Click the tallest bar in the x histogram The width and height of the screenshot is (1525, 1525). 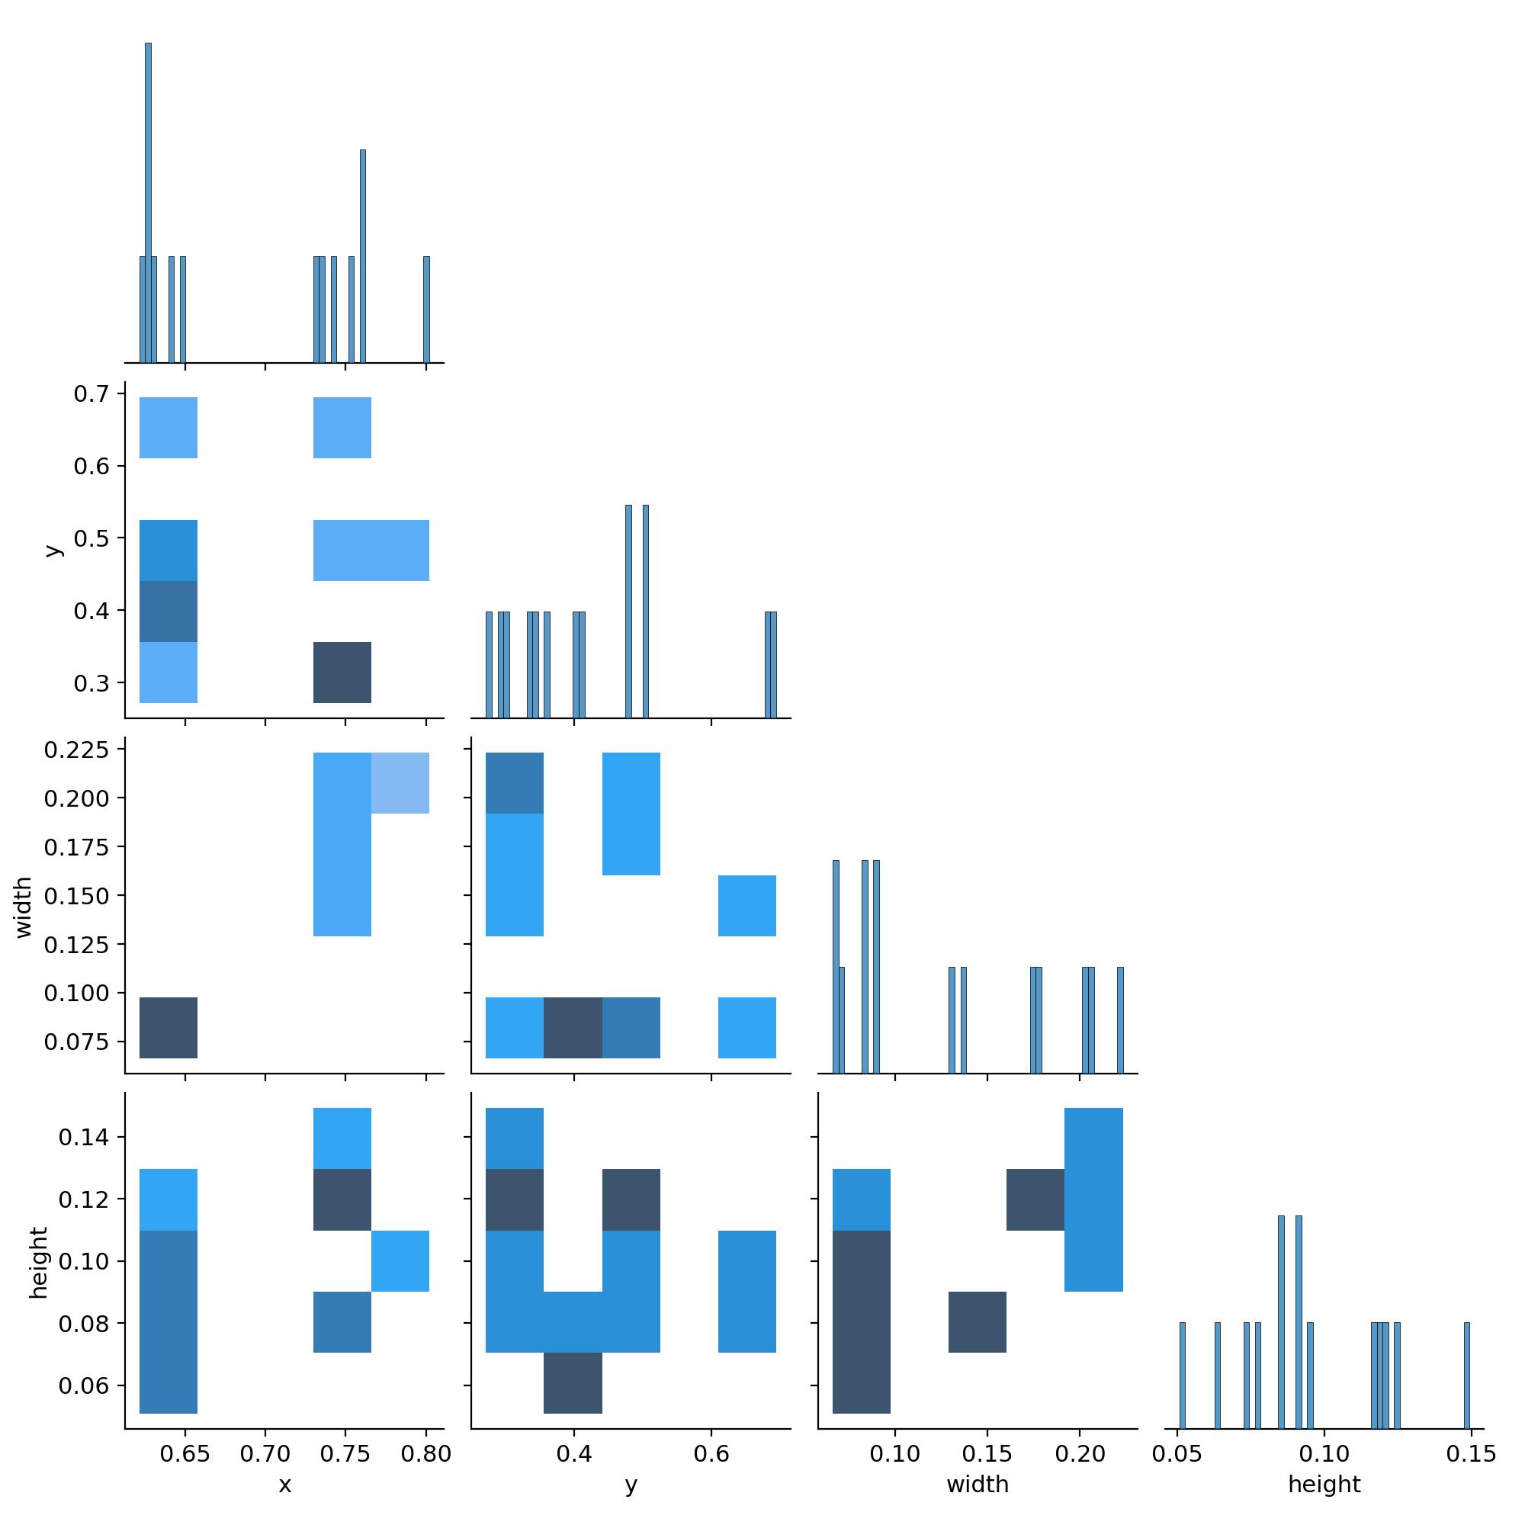[x=148, y=202]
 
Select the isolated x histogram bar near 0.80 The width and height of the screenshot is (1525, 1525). [x=426, y=310]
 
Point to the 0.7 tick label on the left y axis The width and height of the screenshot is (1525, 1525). [x=91, y=394]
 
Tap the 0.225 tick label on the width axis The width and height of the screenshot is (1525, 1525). [x=76, y=749]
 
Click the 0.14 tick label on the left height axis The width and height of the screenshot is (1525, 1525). [x=82, y=1137]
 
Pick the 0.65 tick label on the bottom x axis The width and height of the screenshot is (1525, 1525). [x=185, y=1454]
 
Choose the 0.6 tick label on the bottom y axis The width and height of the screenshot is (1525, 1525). [x=711, y=1454]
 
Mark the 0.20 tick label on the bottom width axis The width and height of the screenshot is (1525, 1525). [x=1080, y=1454]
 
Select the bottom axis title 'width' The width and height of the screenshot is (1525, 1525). [x=978, y=1485]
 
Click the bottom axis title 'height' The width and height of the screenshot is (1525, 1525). [x=1324, y=1485]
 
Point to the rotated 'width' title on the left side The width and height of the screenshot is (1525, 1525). [x=24, y=907]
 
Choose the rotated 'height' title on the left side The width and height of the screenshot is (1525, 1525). [x=38, y=1262]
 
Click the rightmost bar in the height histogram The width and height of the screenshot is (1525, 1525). [x=1466, y=1375]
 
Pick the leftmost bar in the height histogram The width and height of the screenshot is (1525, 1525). [x=1182, y=1375]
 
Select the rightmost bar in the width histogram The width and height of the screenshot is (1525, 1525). [x=1120, y=1019]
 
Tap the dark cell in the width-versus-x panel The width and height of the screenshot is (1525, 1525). [x=168, y=1028]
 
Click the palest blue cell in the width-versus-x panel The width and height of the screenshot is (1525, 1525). [x=400, y=783]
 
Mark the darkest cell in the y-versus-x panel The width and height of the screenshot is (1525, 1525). [x=342, y=673]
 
